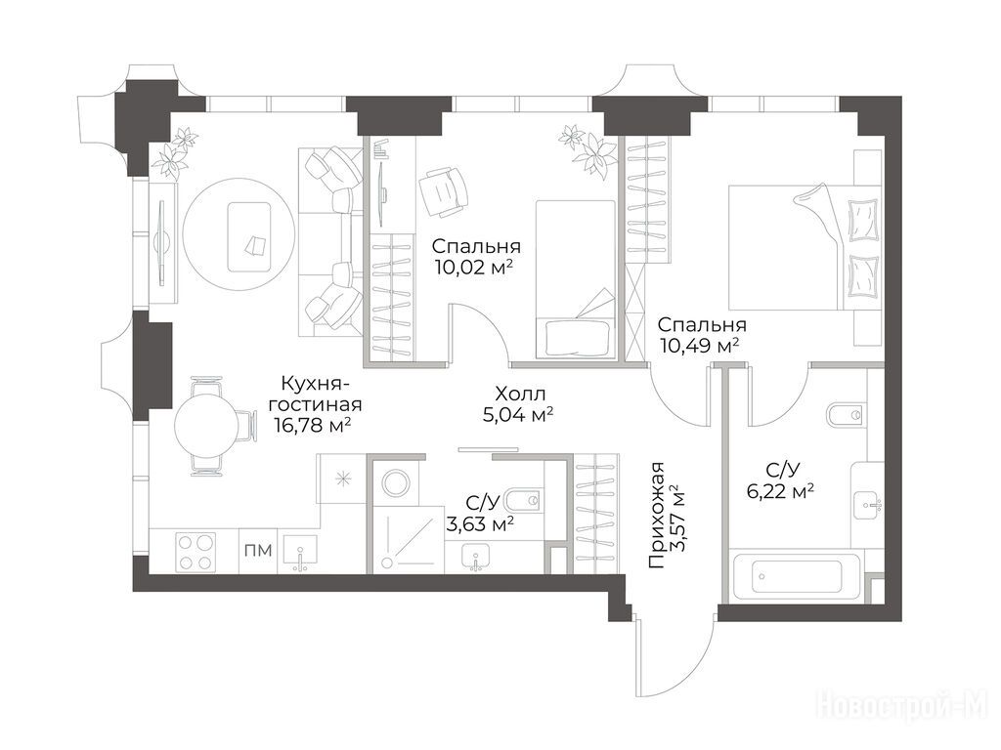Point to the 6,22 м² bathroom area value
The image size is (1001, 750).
(779, 490)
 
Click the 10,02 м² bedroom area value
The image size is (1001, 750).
(474, 266)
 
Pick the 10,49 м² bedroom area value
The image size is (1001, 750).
(699, 346)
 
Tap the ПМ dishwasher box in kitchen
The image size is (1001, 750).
(258, 551)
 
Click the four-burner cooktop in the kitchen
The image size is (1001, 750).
(196, 552)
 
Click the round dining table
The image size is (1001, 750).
(207, 426)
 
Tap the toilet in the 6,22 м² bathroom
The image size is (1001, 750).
(847, 415)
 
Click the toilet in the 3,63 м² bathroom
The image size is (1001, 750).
(524, 499)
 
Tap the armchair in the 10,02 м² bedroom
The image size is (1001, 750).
(441, 192)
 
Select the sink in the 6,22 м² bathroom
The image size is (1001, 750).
(867, 505)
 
